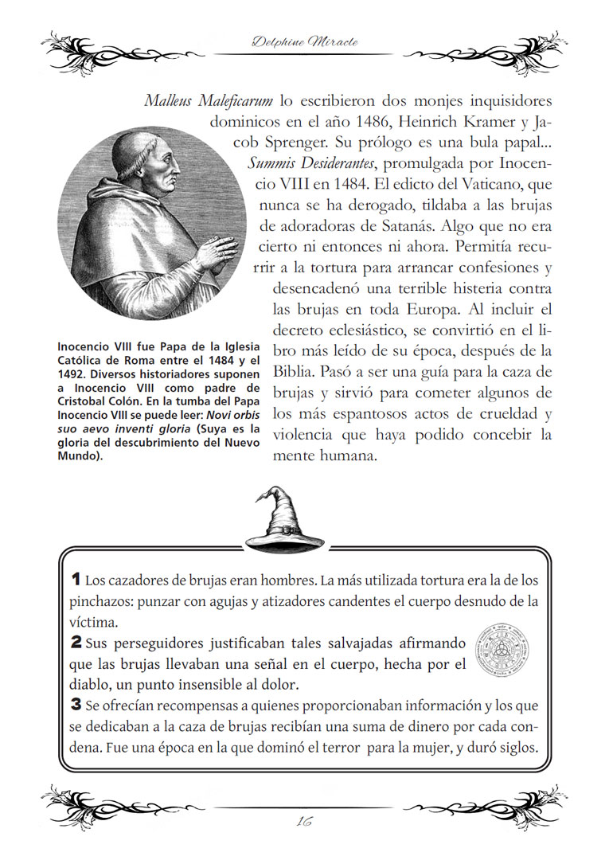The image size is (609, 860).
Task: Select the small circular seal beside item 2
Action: tap(502, 650)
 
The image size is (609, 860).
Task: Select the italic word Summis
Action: tap(273, 166)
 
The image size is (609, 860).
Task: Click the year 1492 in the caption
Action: tap(72, 373)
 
